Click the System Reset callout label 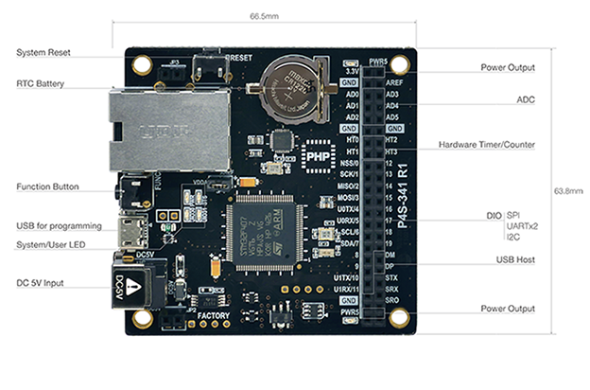[x=43, y=52]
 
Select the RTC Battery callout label [x=41, y=83]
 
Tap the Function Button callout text [x=47, y=186]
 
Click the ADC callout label [x=525, y=98]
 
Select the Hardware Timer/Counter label [x=486, y=145]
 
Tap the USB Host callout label [x=515, y=258]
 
